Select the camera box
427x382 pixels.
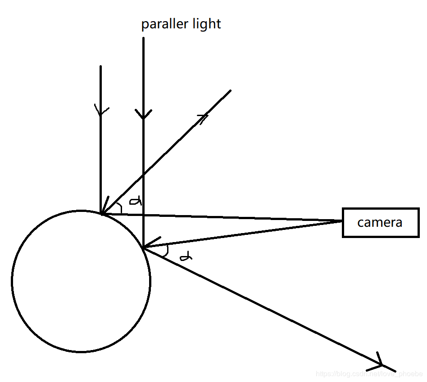click(x=380, y=222)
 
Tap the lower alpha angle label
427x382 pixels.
click(x=186, y=257)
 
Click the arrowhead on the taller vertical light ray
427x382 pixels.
click(x=143, y=115)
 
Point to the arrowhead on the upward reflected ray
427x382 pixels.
click(x=203, y=118)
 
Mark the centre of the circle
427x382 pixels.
click(x=81, y=281)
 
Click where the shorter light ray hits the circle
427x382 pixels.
click(x=101, y=213)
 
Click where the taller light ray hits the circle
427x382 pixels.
click(x=143, y=247)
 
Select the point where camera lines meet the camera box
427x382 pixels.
click(x=343, y=221)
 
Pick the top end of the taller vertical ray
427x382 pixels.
click(x=143, y=38)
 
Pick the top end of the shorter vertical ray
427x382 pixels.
click(x=100, y=67)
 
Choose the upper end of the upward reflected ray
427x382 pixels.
click(x=230, y=90)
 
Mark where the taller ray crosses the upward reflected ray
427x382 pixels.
click(x=143, y=174)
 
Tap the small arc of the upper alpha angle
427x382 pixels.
click(x=120, y=207)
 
